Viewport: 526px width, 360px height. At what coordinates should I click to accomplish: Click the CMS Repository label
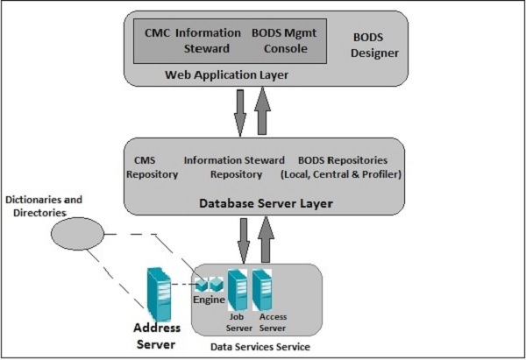153,167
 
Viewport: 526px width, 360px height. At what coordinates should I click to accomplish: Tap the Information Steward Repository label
234,167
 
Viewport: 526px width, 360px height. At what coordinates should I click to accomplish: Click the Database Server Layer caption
259,204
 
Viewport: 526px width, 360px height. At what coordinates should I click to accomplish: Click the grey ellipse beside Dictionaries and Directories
76,235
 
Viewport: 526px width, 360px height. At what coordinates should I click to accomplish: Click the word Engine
209,300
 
